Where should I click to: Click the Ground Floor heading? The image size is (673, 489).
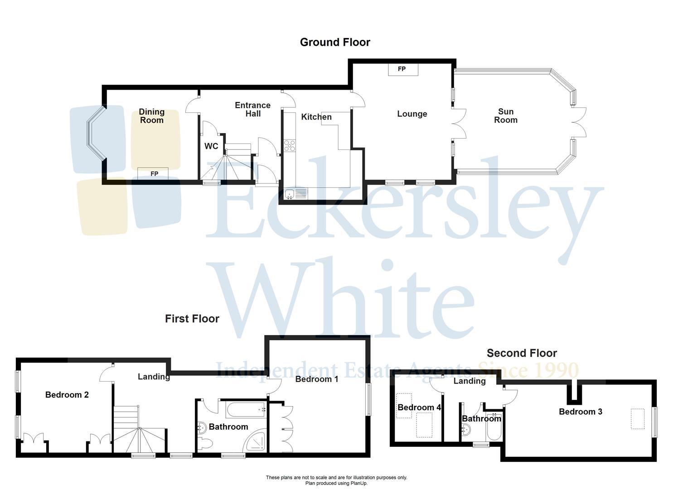click(x=335, y=42)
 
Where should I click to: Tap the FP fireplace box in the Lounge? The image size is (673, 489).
click(x=402, y=69)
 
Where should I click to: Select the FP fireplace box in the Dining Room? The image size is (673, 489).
click(x=153, y=173)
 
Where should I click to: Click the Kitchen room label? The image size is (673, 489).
click(x=316, y=117)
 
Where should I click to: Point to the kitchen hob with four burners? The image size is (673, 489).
click(x=289, y=145)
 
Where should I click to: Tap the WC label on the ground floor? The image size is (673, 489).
click(x=211, y=146)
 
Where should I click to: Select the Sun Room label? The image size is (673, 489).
click(x=506, y=115)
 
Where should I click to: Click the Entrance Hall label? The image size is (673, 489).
click(x=252, y=109)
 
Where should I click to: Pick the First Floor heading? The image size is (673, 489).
click(x=192, y=319)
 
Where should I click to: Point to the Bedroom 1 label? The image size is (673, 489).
click(x=316, y=379)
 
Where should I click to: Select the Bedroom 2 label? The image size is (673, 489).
click(x=67, y=395)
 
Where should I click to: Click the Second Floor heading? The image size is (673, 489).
click(x=522, y=353)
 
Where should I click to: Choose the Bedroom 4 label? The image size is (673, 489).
click(x=419, y=407)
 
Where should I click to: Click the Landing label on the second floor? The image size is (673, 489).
click(x=470, y=381)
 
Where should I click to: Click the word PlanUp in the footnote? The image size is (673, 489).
click(x=357, y=483)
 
